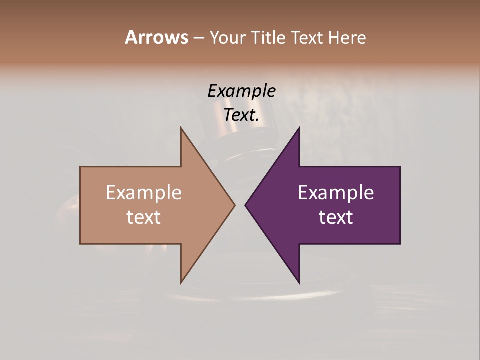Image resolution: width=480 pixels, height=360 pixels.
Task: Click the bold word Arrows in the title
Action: pyautogui.click(x=156, y=37)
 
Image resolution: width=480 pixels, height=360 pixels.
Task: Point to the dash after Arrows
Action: pyautogui.click(x=198, y=38)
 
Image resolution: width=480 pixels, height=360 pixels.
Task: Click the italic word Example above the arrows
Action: pyautogui.click(x=241, y=91)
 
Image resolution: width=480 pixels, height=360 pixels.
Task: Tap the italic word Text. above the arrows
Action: pyautogui.click(x=240, y=115)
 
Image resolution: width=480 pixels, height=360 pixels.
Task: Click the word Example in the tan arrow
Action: pyautogui.click(x=144, y=193)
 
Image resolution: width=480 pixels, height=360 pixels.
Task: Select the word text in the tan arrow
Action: pyautogui.click(x=144, y=217)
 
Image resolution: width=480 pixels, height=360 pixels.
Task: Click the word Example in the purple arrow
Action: pyautogui.click(x=336, y=193)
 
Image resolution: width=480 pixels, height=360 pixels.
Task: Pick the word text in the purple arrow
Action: pyautogui.click(x=336, y=217)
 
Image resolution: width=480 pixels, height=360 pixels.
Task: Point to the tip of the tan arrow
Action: pyautogui.click(x=234, y=205)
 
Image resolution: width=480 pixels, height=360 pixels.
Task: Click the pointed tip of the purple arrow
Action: pyautogui.click(x=245, y=205)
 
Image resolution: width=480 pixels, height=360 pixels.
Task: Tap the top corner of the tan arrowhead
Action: pyautogui.click(x=181, y=128)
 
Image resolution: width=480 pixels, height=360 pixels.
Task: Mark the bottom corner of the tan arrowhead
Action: pyautogui.click(x=181, y=282)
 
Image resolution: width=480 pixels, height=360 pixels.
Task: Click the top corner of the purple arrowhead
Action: pyautogui.click(x=299, y=128)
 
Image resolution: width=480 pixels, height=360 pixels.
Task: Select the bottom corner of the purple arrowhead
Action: pyautogui.click(x=299, y=282)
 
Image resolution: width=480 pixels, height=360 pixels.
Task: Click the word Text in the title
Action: pyautogui.click(x=308, y=38)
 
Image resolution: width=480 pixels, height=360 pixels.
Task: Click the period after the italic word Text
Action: pyautogui.click(x=257, y=120)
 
